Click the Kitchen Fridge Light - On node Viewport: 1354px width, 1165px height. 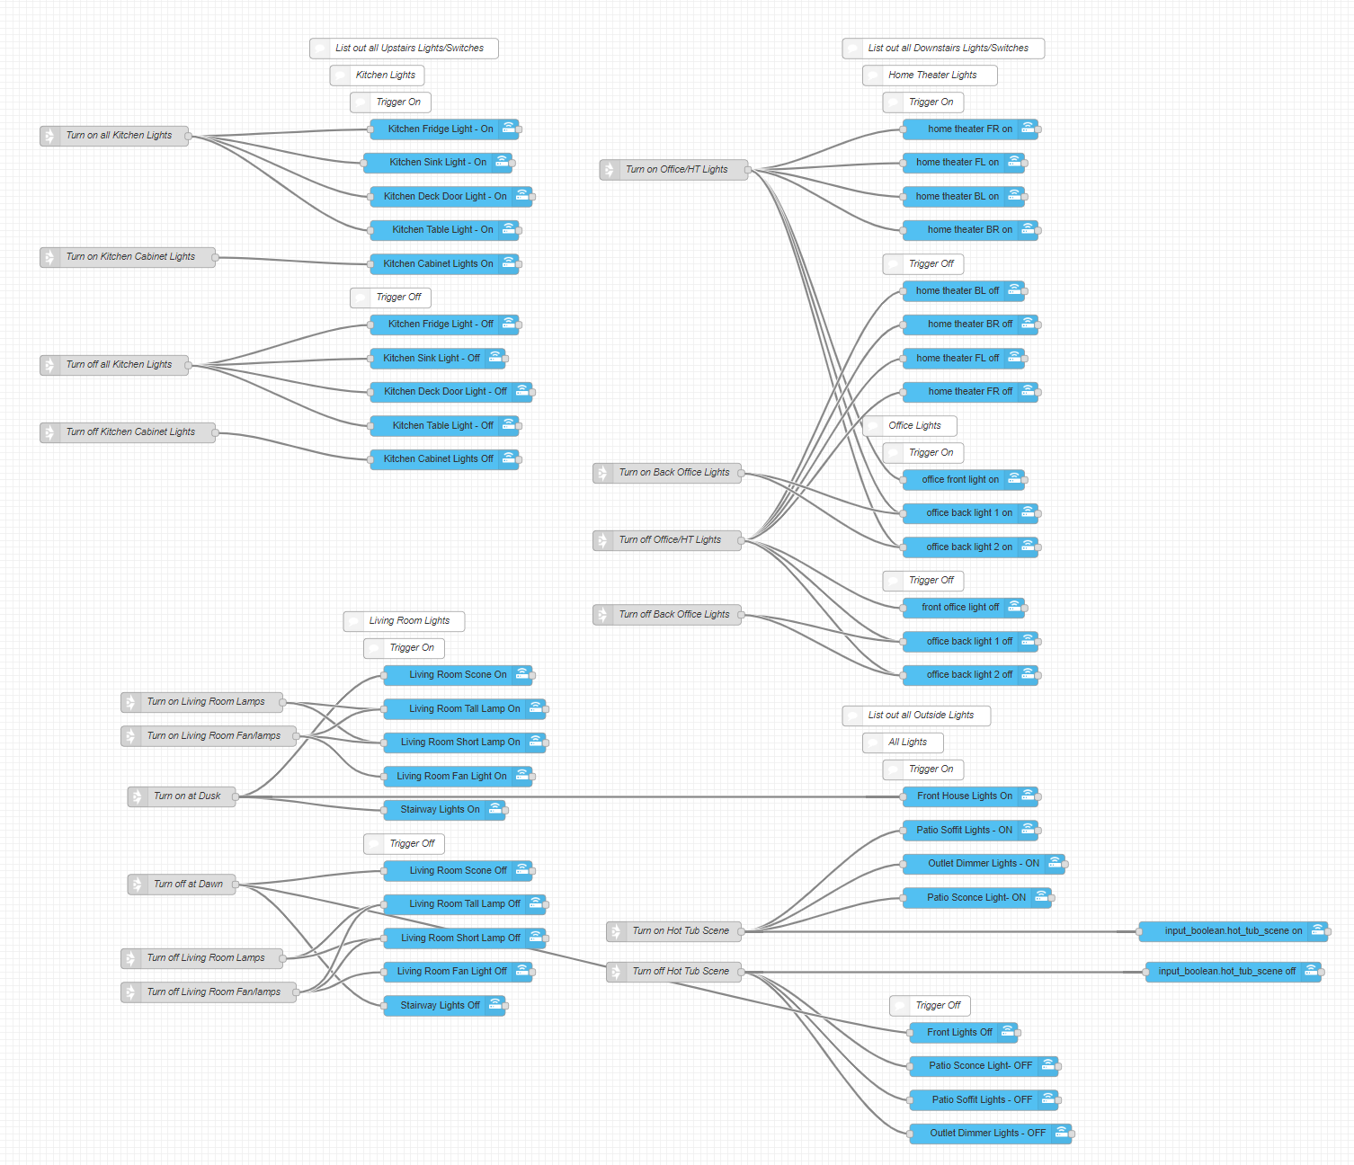(x=441, y=129)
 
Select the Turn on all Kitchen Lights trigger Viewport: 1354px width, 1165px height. (x=118, y=136)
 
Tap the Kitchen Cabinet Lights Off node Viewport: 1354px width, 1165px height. (x=438, y=459)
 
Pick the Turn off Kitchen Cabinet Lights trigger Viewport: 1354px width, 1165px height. (x=129, y=432)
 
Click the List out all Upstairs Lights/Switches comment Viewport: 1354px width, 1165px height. (x=408, y=49)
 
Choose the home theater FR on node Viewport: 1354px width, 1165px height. (x=969, y=129)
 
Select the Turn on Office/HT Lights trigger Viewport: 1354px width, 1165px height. (x=676, y=170)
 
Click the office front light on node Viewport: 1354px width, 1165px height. (x=959, y=480)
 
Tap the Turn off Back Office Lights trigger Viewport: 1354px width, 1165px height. (x=673, y=615)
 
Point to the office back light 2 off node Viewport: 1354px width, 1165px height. (x=969, y=675)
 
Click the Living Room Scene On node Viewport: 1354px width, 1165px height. (x=458, y=675)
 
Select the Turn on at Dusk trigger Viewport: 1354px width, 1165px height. (x=186, y=796)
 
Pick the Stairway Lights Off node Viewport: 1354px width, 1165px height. (x=440, y=1006)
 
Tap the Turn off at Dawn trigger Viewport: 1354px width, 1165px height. (x=187, y=885)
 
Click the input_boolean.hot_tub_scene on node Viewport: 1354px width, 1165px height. (x=1233, y=931)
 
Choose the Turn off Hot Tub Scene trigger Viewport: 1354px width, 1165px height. (x=680, y=972)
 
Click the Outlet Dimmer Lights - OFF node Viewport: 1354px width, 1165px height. (x=987, y=1134)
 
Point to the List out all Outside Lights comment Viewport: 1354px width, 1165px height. (x=920, y=716)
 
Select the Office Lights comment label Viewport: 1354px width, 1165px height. (x=913, y=426)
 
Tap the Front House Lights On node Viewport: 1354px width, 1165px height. (x=964, y=796)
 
